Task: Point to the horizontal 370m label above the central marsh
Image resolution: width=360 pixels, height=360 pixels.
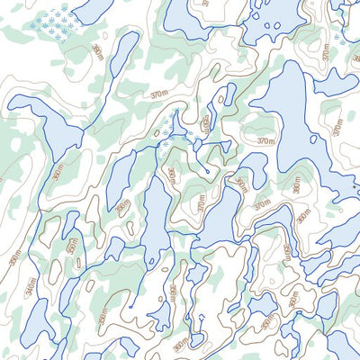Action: click(160, 94)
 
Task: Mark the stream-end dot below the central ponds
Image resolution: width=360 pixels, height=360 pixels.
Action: click(208, 169)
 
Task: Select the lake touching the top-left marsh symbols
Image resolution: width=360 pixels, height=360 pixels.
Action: click(93, 9)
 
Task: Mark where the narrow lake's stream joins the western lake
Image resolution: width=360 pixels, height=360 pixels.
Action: click(82, 131)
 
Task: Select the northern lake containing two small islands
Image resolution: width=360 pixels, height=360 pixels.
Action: click(274, 18)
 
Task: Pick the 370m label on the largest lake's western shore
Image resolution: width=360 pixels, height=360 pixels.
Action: click(265, 140)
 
